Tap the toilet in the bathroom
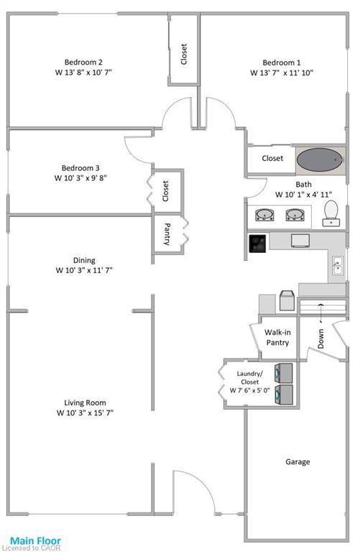coord(331,212)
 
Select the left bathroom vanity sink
coord(264,215)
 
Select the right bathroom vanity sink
coord(293,215)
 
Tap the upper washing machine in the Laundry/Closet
coord(284,373)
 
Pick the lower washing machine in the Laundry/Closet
coord(284,395)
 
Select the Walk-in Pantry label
coord(277,338)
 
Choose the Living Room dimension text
coord(85,413)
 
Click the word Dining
coord(85,260)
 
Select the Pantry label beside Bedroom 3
coord(167,235)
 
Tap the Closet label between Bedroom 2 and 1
coord(184,55)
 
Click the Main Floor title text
coord(35,540)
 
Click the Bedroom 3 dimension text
coord(80,178)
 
